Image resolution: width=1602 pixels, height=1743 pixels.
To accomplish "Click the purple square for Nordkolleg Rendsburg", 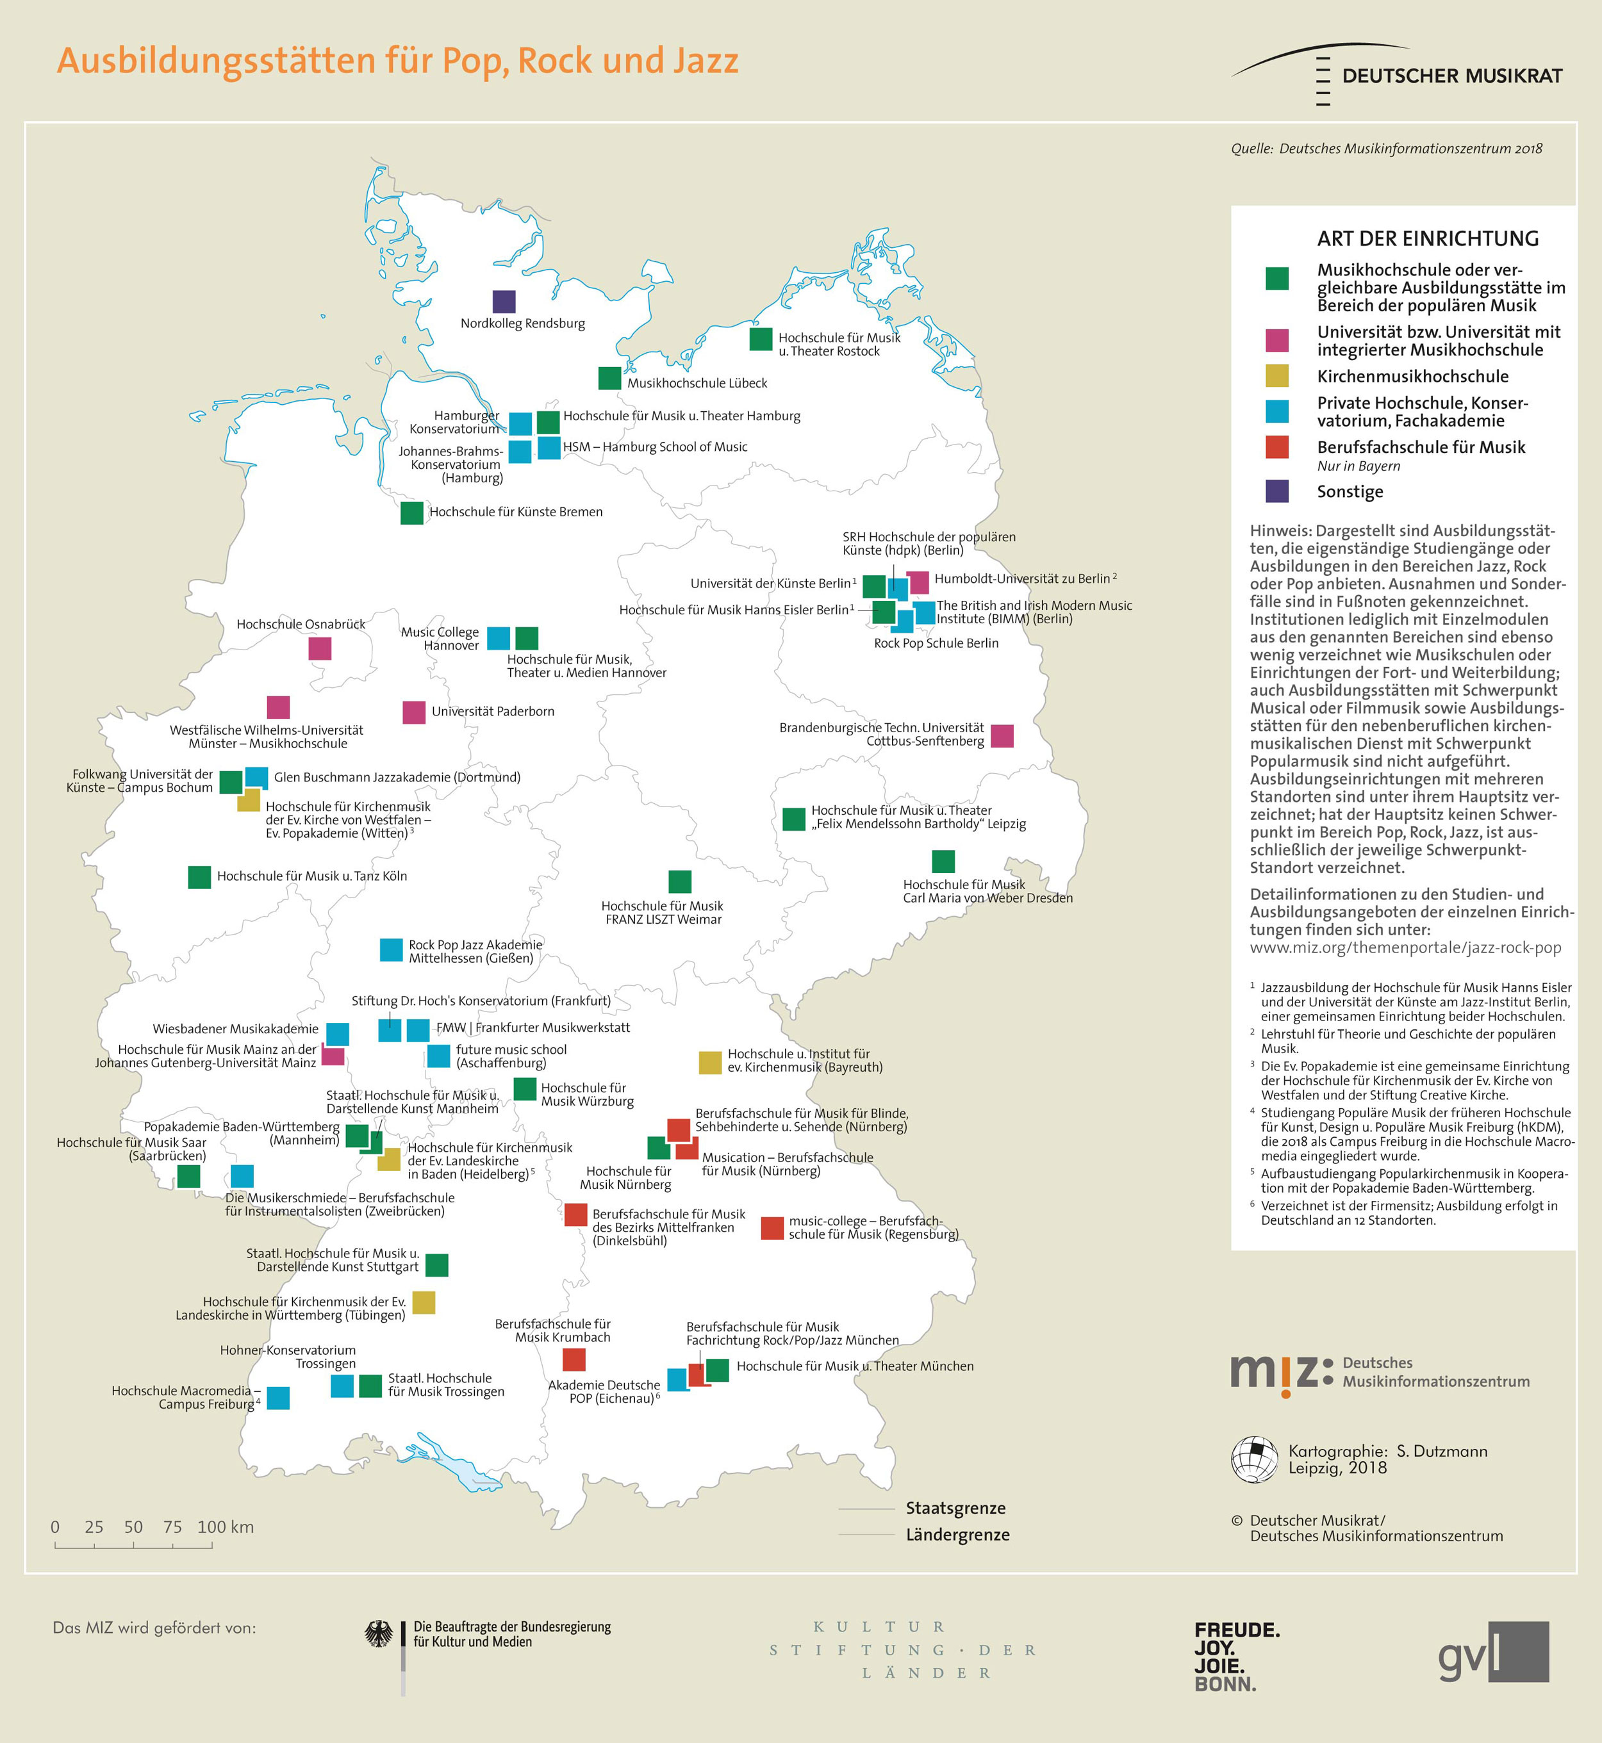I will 504,302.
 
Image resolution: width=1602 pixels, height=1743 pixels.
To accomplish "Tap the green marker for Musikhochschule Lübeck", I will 609,379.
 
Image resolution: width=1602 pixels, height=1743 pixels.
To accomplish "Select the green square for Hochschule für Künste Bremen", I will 412,513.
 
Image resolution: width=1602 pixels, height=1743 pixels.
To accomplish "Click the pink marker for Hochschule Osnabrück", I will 320,648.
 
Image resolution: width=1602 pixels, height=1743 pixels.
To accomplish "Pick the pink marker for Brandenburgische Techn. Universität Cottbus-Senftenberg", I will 1002,736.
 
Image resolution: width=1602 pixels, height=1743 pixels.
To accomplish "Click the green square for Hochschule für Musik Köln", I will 199,877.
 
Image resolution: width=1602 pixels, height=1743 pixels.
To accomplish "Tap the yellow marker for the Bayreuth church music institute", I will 710,1063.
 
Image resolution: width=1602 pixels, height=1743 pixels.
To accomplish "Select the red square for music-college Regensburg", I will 772,1228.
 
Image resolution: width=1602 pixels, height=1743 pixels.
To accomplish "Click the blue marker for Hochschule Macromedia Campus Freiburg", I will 278,1398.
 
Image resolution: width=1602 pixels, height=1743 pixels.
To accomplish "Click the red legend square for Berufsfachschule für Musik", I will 1277,447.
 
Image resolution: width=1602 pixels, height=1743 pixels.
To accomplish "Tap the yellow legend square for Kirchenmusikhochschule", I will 1277,376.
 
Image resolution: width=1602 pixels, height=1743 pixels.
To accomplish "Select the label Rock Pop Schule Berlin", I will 936,643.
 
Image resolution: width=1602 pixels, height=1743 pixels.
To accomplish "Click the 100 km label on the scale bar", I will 226,1527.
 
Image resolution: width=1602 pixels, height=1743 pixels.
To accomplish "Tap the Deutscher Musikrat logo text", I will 1452,76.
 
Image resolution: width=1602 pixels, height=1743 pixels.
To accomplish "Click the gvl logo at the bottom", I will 1493,1653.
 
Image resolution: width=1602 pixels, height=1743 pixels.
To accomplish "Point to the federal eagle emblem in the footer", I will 378,1635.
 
